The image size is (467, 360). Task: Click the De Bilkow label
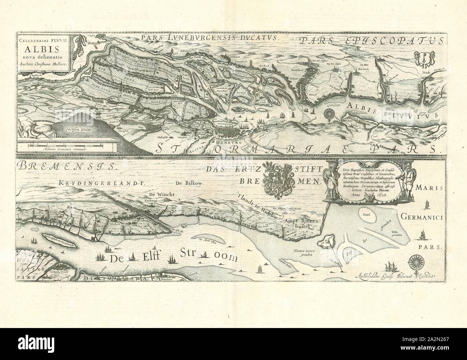click(x=190, y=183)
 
